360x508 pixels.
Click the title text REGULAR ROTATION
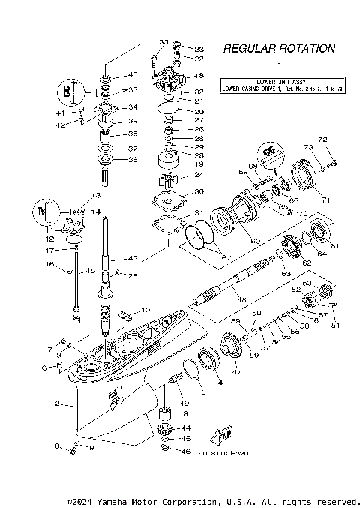tap(279, 49)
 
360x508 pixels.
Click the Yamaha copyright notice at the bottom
tap(213, 500)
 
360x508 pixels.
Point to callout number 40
tap(133, 75)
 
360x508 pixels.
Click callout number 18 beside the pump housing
tap(199, 76)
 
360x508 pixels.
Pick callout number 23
tap(199, 49)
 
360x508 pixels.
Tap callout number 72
tap(323, 140)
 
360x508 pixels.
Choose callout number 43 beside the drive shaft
tap(132, 259)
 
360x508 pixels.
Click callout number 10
tap(145, 310)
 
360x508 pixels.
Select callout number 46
tap(186, 452)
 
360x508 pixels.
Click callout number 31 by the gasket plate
tap(199, 213)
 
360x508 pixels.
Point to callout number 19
tap(199, 164)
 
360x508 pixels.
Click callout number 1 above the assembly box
tap(279, 66)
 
